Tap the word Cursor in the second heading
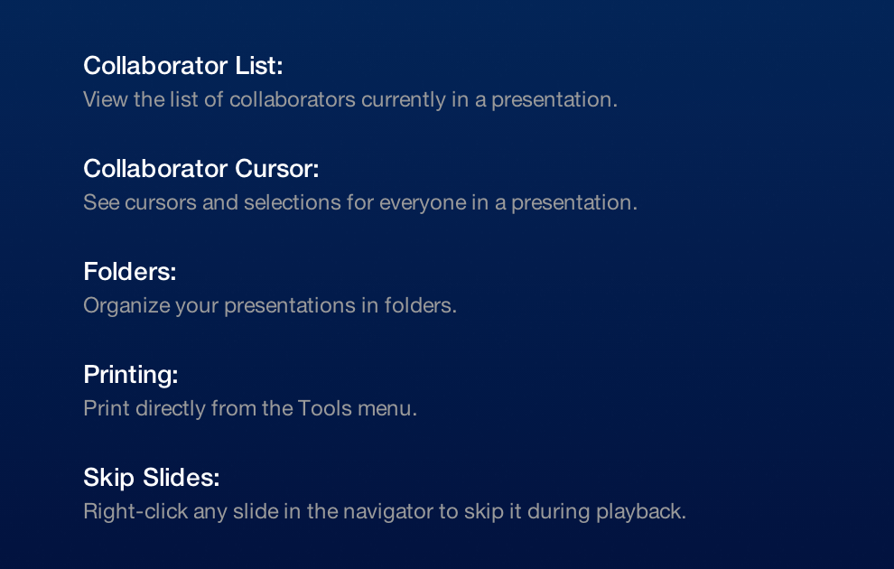[276, 169]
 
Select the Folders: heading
[130, 271]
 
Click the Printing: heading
[131, 375]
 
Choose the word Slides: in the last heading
[182, 477]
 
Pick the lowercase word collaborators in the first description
[293, 99]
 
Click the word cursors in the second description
[161, 203]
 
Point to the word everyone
[423, 203]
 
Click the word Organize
[126, 306]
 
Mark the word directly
[171, 409]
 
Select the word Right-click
[135, 512]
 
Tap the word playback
[641, 512]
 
